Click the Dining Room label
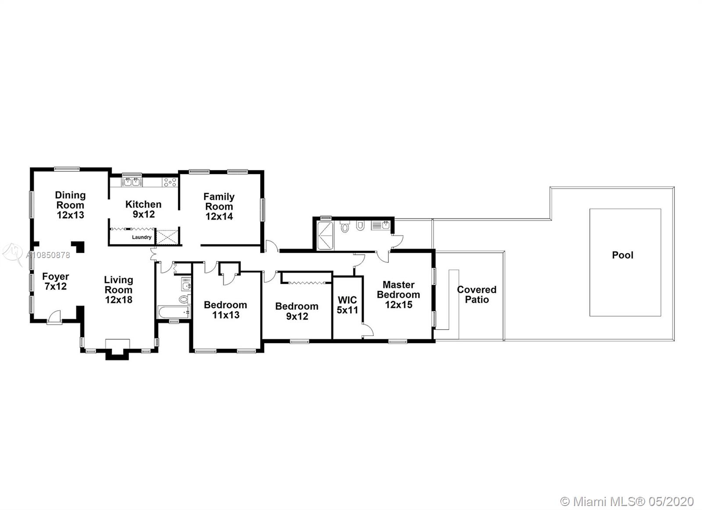[x=70, y=205]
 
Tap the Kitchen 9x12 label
[x=143, y=209]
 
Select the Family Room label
[x=219, y=206]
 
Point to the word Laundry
[x=142, y=237]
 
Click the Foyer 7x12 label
[x=55, y=281]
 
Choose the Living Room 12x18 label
[x=118, y=290]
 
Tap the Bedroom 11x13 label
[x=226, y=310]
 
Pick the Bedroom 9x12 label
[x=297, y=311]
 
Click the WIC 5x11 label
[x=347, y=305]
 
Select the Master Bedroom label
[x=398, y=295]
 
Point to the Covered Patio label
[x=476, y=295]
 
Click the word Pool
[x=623, y=255]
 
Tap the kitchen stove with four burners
[x=169, y=182]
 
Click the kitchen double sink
[x=132, y=182]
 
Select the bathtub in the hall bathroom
[x=174, y=312]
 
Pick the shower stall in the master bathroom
[x=325, y=235]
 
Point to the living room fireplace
[x=117, y=348]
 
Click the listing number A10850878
[x=48, y=255]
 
